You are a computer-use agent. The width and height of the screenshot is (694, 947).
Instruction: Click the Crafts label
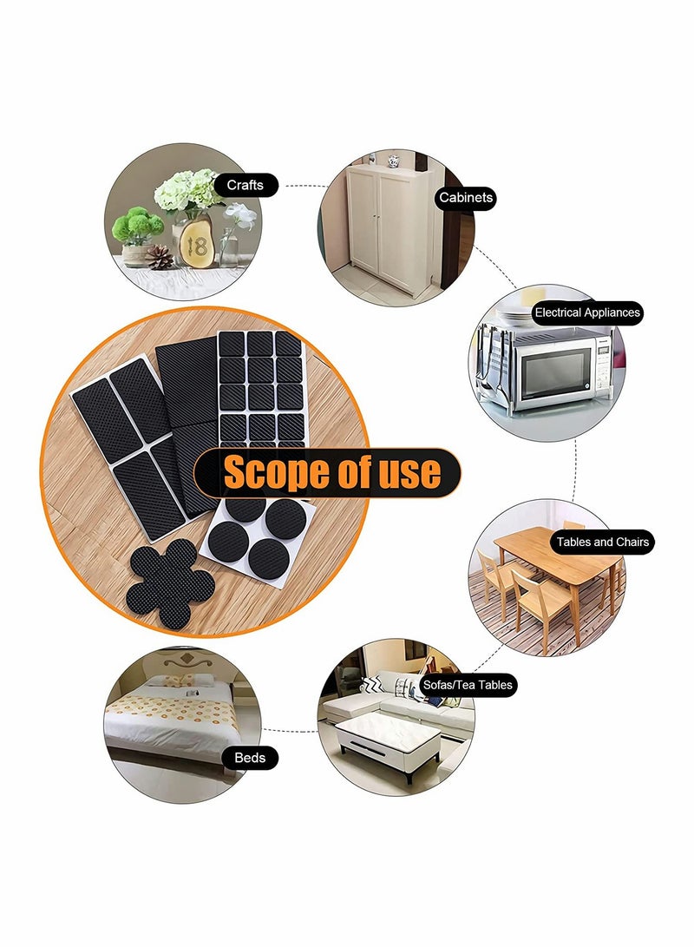coord(245,185)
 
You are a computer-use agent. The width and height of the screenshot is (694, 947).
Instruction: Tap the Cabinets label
coord(466,198)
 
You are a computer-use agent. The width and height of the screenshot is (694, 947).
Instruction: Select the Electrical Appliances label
coord(586,312)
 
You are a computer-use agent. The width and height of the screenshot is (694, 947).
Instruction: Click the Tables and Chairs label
coord(602,542)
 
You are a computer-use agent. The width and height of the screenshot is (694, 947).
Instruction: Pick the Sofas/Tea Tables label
coord(468,685)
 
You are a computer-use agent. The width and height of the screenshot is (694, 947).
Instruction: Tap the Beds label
coord(250,758)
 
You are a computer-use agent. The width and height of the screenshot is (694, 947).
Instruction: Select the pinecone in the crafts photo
coord(159,256)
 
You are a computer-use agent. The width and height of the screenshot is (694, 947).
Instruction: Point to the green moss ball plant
coord(137,227)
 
